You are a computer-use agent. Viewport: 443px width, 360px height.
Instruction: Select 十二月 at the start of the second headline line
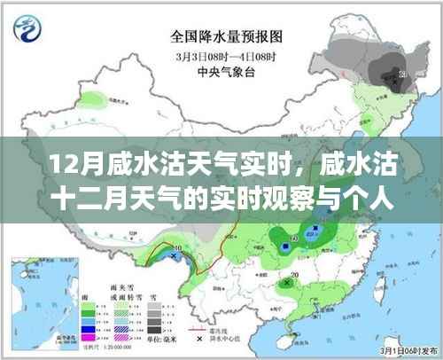click(74, 200)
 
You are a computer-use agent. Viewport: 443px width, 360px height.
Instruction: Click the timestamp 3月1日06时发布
click(405, 349)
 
